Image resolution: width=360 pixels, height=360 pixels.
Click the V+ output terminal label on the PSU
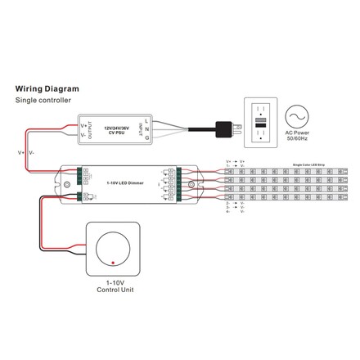[x=84, y=124]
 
